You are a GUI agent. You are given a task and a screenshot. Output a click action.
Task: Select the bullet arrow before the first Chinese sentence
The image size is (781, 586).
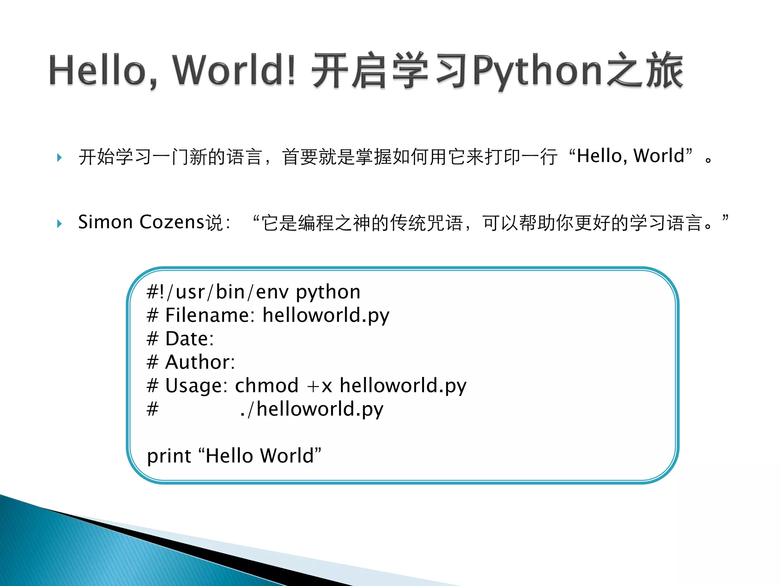pyautogui.click(x=59, y=158)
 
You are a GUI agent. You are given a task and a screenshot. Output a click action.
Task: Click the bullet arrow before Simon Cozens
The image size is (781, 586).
pyautogui.click(x=59, y=223)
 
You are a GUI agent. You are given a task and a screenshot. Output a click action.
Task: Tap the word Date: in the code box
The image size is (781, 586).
pyautogui.click(x=189, y=339)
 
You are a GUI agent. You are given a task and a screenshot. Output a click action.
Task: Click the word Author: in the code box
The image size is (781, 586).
pyautogui.click(x=200, y=362)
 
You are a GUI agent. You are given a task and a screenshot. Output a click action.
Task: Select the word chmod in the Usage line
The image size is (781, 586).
pyautogui.click(x=267, y=385)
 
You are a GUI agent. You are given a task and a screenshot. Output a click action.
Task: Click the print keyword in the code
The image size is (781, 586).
pyautogui.click(x=169, y=456)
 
